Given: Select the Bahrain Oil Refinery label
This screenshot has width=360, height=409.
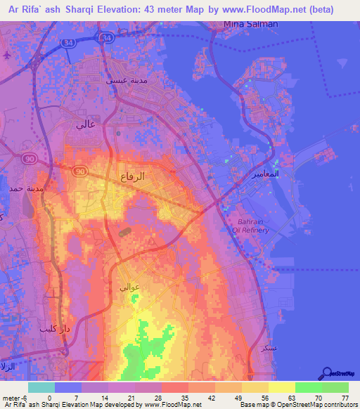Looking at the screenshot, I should coord(247,225).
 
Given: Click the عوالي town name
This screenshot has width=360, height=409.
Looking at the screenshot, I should coord(130,287).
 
